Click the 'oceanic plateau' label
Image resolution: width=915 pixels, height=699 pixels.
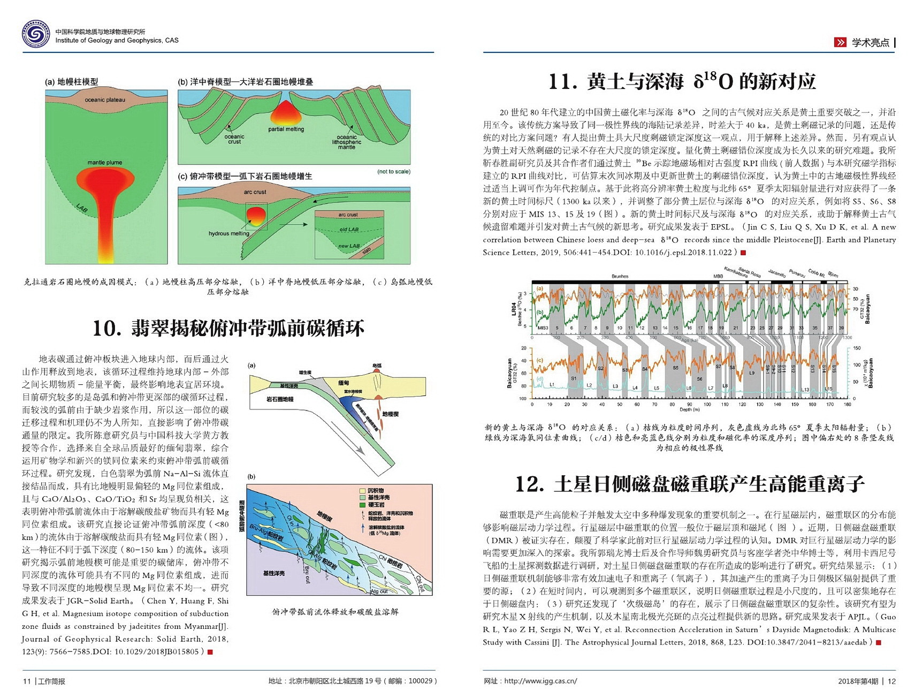pyautogui.click(x=105, y=100)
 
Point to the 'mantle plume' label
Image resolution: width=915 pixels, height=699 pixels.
pyautogui.click(x=105, y=162)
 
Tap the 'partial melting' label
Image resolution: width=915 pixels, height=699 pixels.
pyautogui.click(x=286, y=129)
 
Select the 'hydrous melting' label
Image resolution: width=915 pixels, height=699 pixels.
pyautogui.click(x=228, y=233)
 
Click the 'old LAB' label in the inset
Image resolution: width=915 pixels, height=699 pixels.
pyautogui.click(x=349, y=230)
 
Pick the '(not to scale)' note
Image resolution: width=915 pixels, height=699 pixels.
pyautogui.click(x=394, y=171)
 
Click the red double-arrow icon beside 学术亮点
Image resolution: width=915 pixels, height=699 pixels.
pyautogui.click(x=840, y=42)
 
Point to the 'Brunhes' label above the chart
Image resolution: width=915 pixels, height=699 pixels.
pyautogui.click(x=620, y=276)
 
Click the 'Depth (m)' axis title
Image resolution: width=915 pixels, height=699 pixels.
pyautogui.click(x=690, y=410)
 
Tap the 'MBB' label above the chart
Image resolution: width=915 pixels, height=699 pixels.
pyautogui.click(x=718, y=276)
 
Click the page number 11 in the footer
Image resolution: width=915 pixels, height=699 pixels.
pyautogui.click(x=27, y=681)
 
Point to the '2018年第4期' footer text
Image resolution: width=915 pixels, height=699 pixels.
pyautogui.click(x=858, y=681)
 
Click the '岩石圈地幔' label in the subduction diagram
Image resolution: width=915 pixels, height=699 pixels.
pyautogui.click(x=280, y=399)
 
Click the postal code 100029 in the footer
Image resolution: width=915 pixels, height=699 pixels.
pyautogui.click(x=420, y=681)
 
